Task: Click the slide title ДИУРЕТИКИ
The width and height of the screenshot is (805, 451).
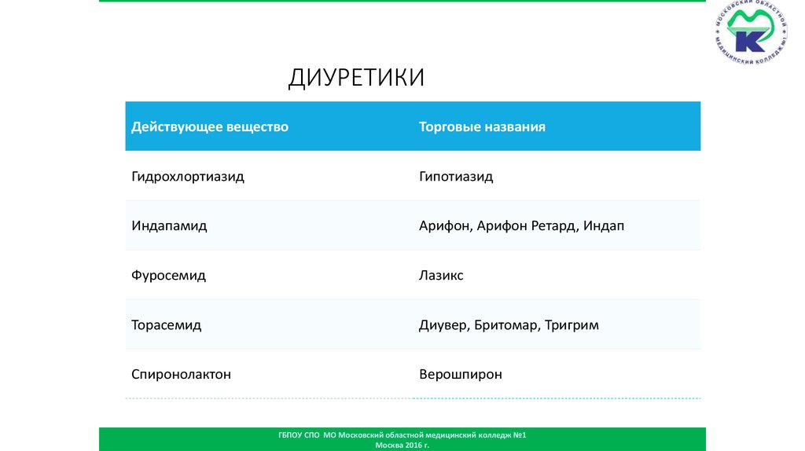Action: click(x=356, y=78)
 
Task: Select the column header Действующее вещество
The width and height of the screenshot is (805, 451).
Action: click(x=210, y=126)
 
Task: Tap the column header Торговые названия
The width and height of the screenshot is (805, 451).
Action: click(x=482, y=126)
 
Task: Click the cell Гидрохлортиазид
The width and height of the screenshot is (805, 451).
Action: click(x=188, y=177)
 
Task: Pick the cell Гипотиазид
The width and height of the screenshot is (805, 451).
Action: click(x=456, y=177)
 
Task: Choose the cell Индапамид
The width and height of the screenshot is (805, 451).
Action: click(x=169, y=226)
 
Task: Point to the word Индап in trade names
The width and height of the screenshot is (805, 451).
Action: click(x=604, y=226)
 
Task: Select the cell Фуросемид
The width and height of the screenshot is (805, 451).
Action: click(x=168, y=276)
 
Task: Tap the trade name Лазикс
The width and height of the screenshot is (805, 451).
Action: click(x=441, y=276)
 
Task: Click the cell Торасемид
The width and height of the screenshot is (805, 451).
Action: click(x=166, y=325)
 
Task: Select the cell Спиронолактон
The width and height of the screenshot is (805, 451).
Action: click(x=181, y=375)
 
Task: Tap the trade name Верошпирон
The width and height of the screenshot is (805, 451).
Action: click(x=460, y=375)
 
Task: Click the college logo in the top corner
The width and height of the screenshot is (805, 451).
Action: click(x=752, y=35)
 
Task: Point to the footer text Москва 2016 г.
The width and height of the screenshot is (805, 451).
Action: click(x=402, y=445)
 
